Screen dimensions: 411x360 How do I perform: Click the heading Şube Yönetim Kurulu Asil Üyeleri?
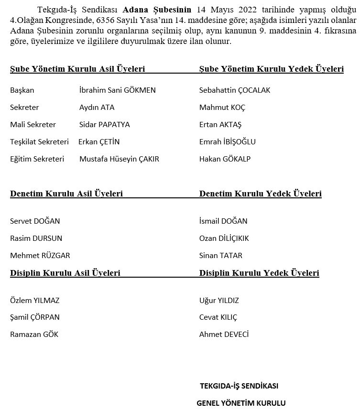(x=77, y=69)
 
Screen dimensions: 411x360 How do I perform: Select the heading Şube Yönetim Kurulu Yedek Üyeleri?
(x=271, y=69)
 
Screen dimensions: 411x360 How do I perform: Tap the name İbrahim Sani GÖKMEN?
(x=117, y=90)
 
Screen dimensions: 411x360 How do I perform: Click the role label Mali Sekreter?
(x=33, y=125)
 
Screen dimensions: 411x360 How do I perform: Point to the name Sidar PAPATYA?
(x=104, y=125)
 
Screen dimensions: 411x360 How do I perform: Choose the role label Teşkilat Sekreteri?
(x=39, y=142)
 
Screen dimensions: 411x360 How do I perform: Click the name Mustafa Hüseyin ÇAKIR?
(x=119, y=159)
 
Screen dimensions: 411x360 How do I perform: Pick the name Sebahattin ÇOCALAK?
(x=234, y=90)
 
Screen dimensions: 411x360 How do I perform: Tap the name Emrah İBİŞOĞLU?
(x=227, y=142)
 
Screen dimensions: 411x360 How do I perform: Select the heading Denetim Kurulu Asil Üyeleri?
(x=66, y=194)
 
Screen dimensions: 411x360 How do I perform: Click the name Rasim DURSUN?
(x=36, y=238)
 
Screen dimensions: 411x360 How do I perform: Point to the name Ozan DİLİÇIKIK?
(x=224, y=238)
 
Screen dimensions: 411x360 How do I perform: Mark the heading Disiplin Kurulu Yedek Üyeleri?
(x=259, y=273)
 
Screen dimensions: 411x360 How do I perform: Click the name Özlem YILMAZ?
(x=34, y=301)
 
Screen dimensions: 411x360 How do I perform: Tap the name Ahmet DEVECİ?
(x=224, y=335)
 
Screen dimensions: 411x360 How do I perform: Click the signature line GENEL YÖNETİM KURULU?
(x=241, y=403)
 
